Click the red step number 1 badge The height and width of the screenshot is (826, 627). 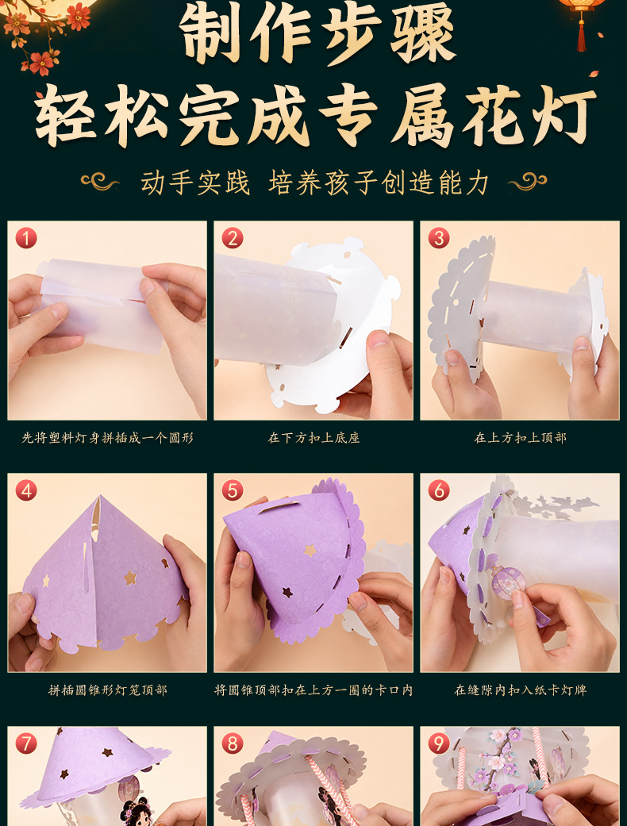pos(26,238)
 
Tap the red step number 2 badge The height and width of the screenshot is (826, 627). pos(233,238)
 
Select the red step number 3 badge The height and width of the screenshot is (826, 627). pos(438,238)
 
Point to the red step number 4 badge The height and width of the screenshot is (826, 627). pos(26,491)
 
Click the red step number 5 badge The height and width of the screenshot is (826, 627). pos(233,491)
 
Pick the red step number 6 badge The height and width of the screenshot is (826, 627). pos(438,491)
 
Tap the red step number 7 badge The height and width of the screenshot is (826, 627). pos(26,743)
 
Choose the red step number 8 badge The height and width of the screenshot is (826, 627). pos(233,743)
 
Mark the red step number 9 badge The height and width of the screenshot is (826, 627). pos(438,743)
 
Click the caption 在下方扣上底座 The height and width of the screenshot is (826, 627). pos(313,438)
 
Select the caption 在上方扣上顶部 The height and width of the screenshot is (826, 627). pos(520,438)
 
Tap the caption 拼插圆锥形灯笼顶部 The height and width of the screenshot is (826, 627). pos(107,690)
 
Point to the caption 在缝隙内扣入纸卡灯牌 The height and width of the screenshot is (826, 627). pos(520,690)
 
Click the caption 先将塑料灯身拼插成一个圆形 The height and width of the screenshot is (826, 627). pos(107,438)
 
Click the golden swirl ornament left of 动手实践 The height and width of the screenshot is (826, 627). pos(99,182)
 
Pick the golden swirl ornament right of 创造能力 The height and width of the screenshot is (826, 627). pos(528,182)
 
